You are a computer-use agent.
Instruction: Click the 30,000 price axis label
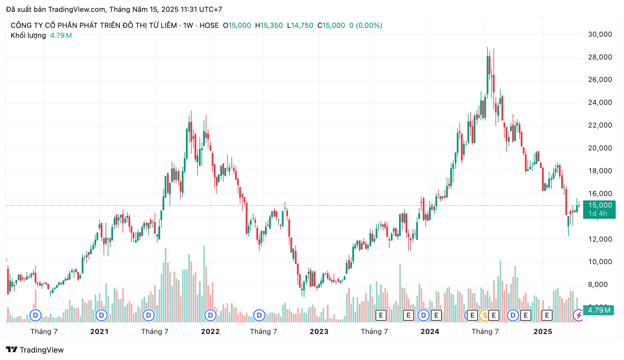[x=600, y=34]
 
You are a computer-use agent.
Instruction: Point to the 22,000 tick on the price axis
[x=600, y=125]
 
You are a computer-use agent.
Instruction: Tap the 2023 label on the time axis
[x=319, y=332]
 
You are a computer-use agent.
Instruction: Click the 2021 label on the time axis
[x=99, y=332]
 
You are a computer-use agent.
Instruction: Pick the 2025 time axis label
[x=543, y=332]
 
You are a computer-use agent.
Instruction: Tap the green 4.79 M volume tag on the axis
[x=599, y=310]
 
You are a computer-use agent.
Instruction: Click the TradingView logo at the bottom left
[x=35, y=350]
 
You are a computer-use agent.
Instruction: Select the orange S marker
[x=485, y=315]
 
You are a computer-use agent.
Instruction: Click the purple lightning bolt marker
[x=578, y=315]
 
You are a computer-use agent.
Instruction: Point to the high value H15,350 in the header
[x=269, y=25]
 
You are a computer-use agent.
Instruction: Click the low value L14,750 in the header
[x=300, y=25]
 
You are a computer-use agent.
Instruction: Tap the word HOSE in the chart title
[x=209, y=25]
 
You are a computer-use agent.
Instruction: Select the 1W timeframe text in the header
[x=188, y=25]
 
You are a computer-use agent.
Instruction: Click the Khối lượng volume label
[x=28, y=36]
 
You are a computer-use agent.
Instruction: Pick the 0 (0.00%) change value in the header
[x=366, y=25]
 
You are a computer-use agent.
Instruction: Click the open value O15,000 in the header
[x=237, y=25]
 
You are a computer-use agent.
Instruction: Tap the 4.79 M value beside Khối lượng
[x=61, y=36]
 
